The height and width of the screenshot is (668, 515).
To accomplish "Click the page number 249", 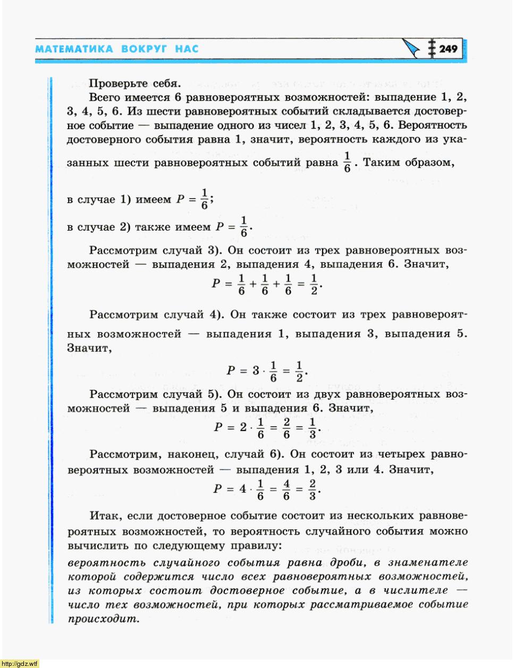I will [449, 49].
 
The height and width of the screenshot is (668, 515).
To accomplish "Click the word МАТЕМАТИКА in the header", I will [74, 49].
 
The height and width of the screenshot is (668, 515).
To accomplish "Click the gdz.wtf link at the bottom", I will [20, 663].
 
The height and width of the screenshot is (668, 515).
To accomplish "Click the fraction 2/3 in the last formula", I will [313, 489].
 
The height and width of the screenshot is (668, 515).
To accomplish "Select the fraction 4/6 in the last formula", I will [286, 489].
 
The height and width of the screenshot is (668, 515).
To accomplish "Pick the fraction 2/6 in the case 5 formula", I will [286, 428].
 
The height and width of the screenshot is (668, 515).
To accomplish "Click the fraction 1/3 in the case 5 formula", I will [313, 428].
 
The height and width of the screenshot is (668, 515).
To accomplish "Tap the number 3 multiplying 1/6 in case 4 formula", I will [256, 370].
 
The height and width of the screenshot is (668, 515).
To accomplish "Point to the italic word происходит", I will [103, 619].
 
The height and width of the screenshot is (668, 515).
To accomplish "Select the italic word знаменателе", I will [428, 563].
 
